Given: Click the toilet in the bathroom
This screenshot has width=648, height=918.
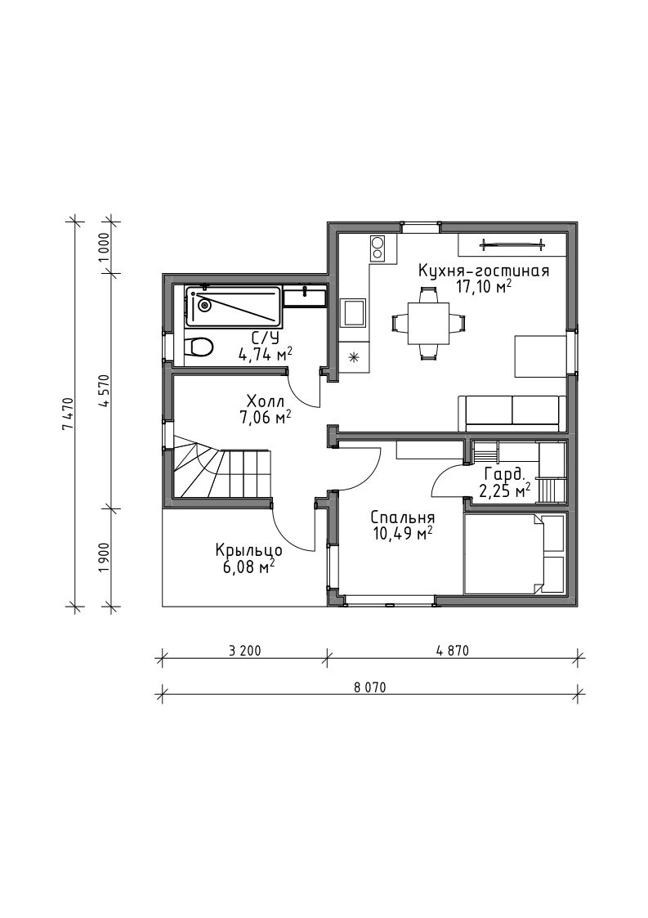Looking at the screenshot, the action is tap(199, 347).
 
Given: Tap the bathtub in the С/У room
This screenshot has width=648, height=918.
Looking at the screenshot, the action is tap(233, 307).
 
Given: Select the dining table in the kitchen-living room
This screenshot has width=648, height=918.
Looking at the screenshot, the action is tap(428, 323).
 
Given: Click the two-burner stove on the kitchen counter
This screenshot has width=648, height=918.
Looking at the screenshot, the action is tap(378, 248).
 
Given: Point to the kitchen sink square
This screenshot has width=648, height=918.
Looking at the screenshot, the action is tap(355, 311).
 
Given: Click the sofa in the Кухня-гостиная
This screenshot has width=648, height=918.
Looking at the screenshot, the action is tap(512, 411).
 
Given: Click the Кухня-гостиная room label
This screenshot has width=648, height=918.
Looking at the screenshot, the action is tap(483, 271).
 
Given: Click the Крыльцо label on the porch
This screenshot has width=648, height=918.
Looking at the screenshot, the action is tap(249, 550).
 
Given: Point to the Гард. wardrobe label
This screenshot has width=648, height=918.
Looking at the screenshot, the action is tap(503, 474).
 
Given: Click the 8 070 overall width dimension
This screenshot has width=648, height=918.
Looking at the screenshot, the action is tap(370, 687).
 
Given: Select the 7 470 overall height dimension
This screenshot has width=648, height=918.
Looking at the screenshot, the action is tap(69, 414).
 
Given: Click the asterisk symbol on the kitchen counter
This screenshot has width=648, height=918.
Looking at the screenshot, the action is tap(354, 356).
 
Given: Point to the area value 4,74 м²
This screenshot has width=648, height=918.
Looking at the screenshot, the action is tap(266, 354).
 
